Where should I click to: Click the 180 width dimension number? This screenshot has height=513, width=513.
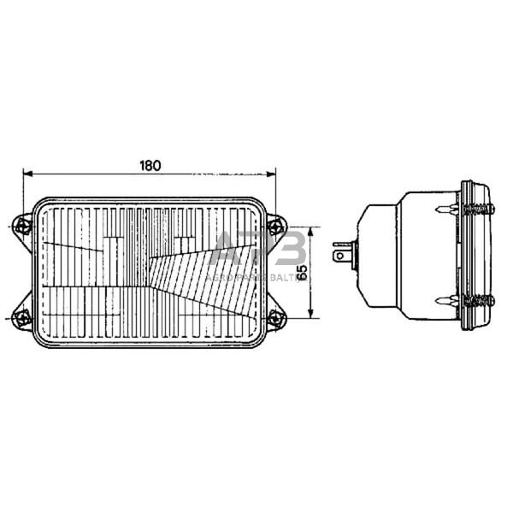[150, 165]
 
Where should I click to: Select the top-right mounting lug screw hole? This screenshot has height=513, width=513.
[274, 226]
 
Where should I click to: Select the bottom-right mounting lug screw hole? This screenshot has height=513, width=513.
[274, 318]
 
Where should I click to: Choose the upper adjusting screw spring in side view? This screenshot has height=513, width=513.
[478, 208]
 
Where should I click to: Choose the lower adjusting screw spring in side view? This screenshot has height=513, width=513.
[478, 300]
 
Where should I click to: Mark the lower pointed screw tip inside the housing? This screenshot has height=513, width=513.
[439, 300]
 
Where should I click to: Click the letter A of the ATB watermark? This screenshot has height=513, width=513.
[225, 251]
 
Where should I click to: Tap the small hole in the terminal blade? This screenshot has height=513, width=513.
[341, 254]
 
